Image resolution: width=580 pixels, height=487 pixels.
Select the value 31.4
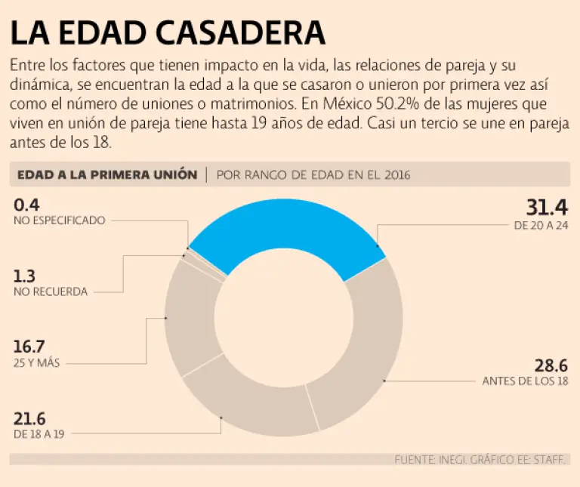tap(547, 208)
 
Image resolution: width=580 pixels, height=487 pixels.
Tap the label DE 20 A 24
tap(540, 225)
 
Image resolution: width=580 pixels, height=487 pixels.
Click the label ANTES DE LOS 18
tap(525, 381)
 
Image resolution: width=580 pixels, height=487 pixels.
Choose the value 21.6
tap(31, 418)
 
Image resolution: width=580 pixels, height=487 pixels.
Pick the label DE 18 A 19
tap(37, 434)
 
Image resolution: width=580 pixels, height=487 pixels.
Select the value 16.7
tap(30, 347)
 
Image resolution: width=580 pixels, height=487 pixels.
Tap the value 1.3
tap(24, 276)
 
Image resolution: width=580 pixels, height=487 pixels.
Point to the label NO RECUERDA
tap(50, 291)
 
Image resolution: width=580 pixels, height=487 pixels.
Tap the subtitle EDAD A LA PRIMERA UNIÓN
tap(106, 174)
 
